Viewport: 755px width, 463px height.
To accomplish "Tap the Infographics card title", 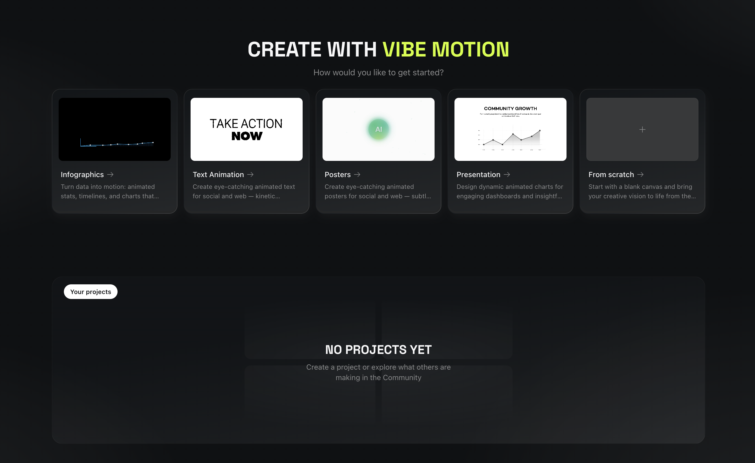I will click(x=82, y=174).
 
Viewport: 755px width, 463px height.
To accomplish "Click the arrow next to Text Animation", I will click(x=250, y=174).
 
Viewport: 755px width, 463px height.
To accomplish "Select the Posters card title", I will click(x=337, y=174).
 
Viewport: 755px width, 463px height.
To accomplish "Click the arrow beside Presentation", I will click(x=507, y=174).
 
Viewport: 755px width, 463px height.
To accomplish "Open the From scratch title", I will click(x=611, y=174).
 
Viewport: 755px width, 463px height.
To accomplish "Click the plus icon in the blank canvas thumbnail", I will click(x=642, y=129).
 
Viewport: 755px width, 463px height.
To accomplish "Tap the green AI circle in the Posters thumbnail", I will click(x=379, y=129).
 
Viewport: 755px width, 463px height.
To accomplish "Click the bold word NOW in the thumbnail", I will click(x=247, y=136).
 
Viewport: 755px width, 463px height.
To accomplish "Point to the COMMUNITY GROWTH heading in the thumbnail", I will click(x=510, y=108).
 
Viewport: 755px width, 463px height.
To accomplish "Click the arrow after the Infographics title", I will click(x=110, y=174).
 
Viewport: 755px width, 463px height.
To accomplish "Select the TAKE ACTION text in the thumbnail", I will click(x=246, y=124).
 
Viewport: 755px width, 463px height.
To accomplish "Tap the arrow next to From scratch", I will click(x=640, y=174).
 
